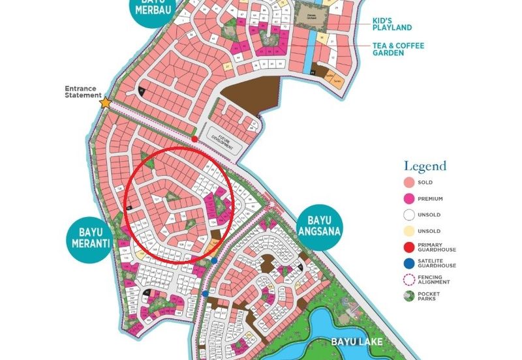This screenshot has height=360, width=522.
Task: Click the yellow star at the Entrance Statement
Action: click(104, 102)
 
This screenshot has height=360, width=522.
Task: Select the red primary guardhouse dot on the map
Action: click(194, 139)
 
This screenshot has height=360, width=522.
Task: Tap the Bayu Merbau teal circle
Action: click(154, 10)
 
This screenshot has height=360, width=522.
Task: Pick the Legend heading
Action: click(425, 166)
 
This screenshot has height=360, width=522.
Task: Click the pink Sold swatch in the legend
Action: click(409, 183)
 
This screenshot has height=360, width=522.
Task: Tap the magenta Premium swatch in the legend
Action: click(409, 198)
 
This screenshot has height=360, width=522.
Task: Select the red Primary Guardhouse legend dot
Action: click(409, 246)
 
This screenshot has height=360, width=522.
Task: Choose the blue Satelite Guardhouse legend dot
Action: click(409, 263)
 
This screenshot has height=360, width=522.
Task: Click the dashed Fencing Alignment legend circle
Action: click(409, 279)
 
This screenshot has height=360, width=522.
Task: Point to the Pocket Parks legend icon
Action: click(409, 295)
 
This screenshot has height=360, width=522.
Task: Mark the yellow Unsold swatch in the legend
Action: click(409, 230)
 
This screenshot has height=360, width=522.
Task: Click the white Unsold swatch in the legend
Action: click(409, 214)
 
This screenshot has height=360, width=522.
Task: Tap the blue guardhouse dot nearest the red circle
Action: click(214, 260)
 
